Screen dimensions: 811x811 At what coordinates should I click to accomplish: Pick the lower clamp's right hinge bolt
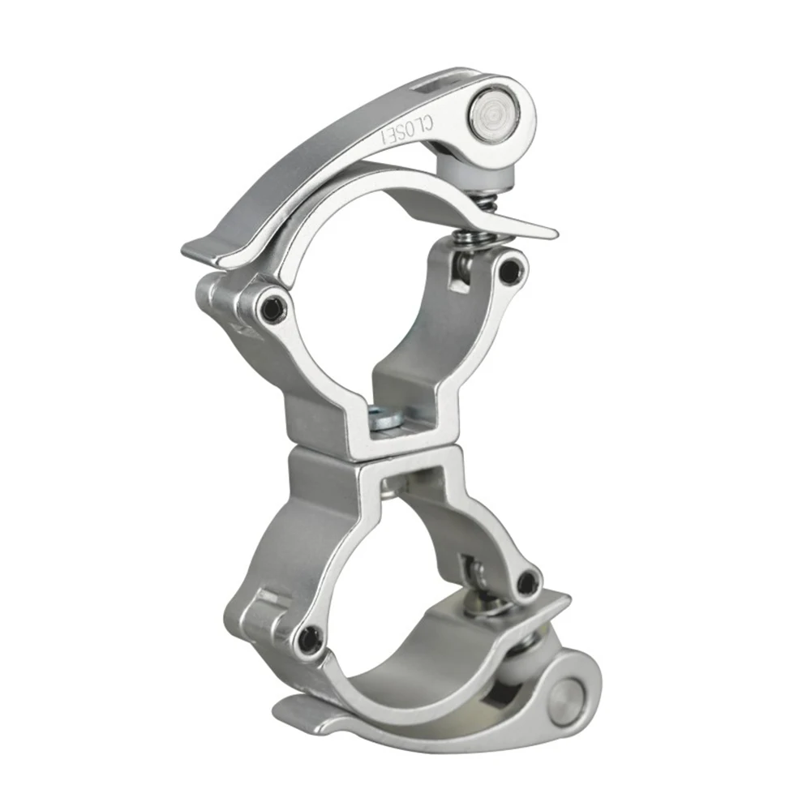pyautogui.click(x=528, y=581)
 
